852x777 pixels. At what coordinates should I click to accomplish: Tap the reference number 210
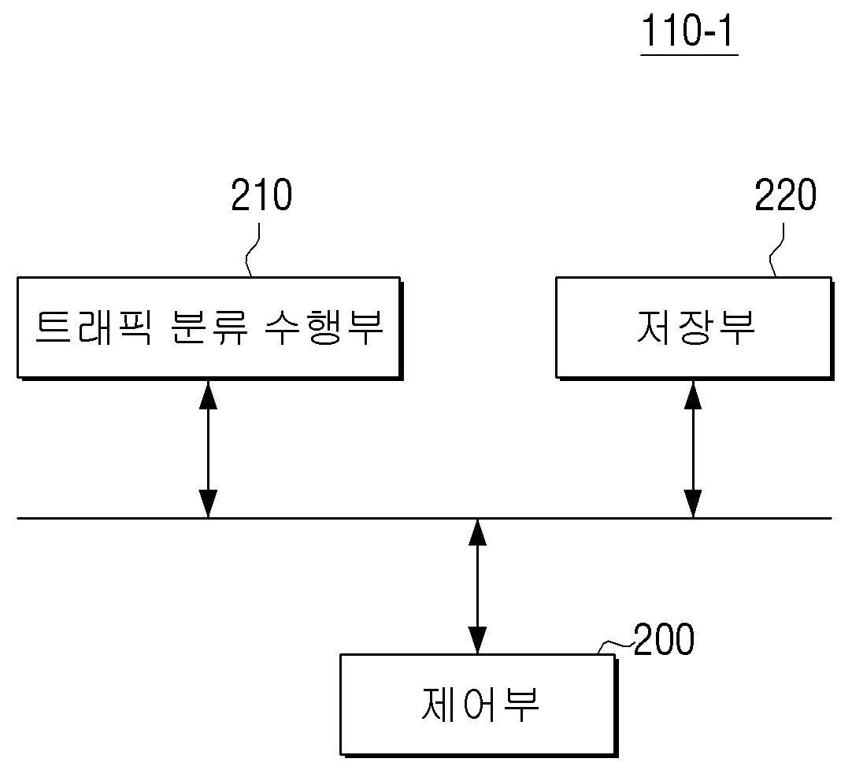[262, 194]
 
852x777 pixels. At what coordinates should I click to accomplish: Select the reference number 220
[786, 194]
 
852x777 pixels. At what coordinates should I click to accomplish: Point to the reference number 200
[664, 639]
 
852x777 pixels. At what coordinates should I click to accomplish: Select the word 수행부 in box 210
[324, 327]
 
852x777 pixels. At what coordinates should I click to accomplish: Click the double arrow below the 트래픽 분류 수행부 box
[208, 449]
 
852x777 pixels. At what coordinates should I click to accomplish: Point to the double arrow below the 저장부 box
[693, 449]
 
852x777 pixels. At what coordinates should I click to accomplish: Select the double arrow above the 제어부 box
[477, 586]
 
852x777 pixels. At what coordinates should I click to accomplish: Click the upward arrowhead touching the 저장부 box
[693, 394]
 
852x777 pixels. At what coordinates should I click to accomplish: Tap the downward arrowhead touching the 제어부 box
[477, 640]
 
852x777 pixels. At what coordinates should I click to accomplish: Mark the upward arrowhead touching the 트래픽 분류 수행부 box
[208, 394]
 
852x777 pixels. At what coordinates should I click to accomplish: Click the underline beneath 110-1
[689, 55]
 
